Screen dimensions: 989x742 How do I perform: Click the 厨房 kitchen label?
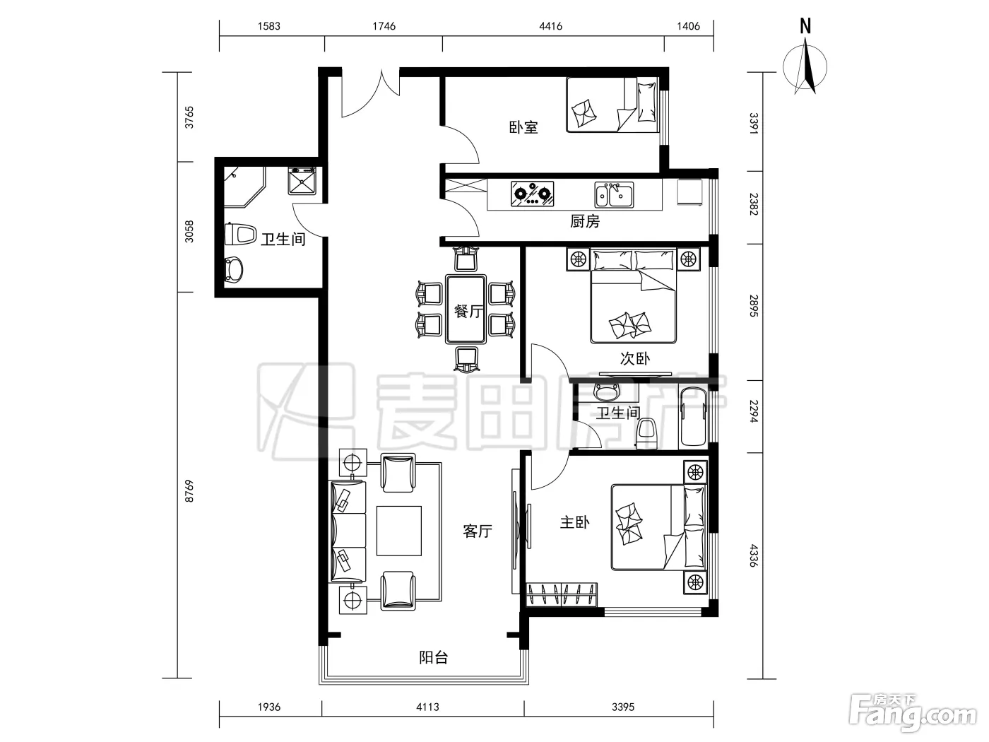coord(585,222)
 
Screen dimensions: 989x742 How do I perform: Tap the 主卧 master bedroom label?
coord(574,523)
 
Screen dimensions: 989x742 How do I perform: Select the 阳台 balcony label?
coord(434,658)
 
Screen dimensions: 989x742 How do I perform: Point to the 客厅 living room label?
coord(477,531)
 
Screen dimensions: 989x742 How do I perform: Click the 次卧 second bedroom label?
coord(635,358)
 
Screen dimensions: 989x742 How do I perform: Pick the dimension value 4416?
coord(550,26)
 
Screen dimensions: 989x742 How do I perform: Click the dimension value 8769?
coord(189,491)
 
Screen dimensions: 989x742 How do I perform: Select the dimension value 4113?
coord(427,707)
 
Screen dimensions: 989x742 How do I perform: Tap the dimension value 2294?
coord(753,411)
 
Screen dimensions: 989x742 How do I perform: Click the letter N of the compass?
coord(805,26)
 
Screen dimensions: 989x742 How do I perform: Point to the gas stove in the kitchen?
coord(532,194)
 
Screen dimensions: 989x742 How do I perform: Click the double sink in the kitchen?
coord(614,194)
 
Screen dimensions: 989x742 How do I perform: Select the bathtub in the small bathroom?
coord(693,416)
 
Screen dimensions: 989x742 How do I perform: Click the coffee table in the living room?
coord(399,531)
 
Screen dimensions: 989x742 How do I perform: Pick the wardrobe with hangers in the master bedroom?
coord(562,594)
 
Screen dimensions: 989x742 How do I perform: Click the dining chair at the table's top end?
coord(466,259)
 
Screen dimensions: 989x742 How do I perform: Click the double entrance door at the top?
coord(370,94)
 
